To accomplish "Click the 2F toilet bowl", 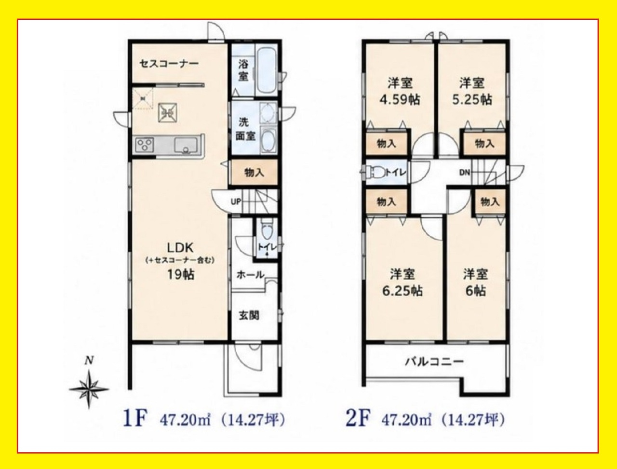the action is click(x=374, y=172).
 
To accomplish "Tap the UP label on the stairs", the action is click(x=236, y=202).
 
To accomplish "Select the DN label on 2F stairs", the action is click(x=465, y=173).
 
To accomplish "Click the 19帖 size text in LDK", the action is click(x=181, y=275).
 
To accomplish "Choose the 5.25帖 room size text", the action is click(x=472, y=100).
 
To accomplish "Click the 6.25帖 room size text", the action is click(x=402, y=291).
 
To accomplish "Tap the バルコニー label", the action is click(x=434, y=362).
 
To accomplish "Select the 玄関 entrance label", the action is click(x=249, y=316).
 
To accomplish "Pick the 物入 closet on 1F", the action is click(x=255, y=173).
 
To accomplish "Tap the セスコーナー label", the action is click(x=169, y=64).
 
